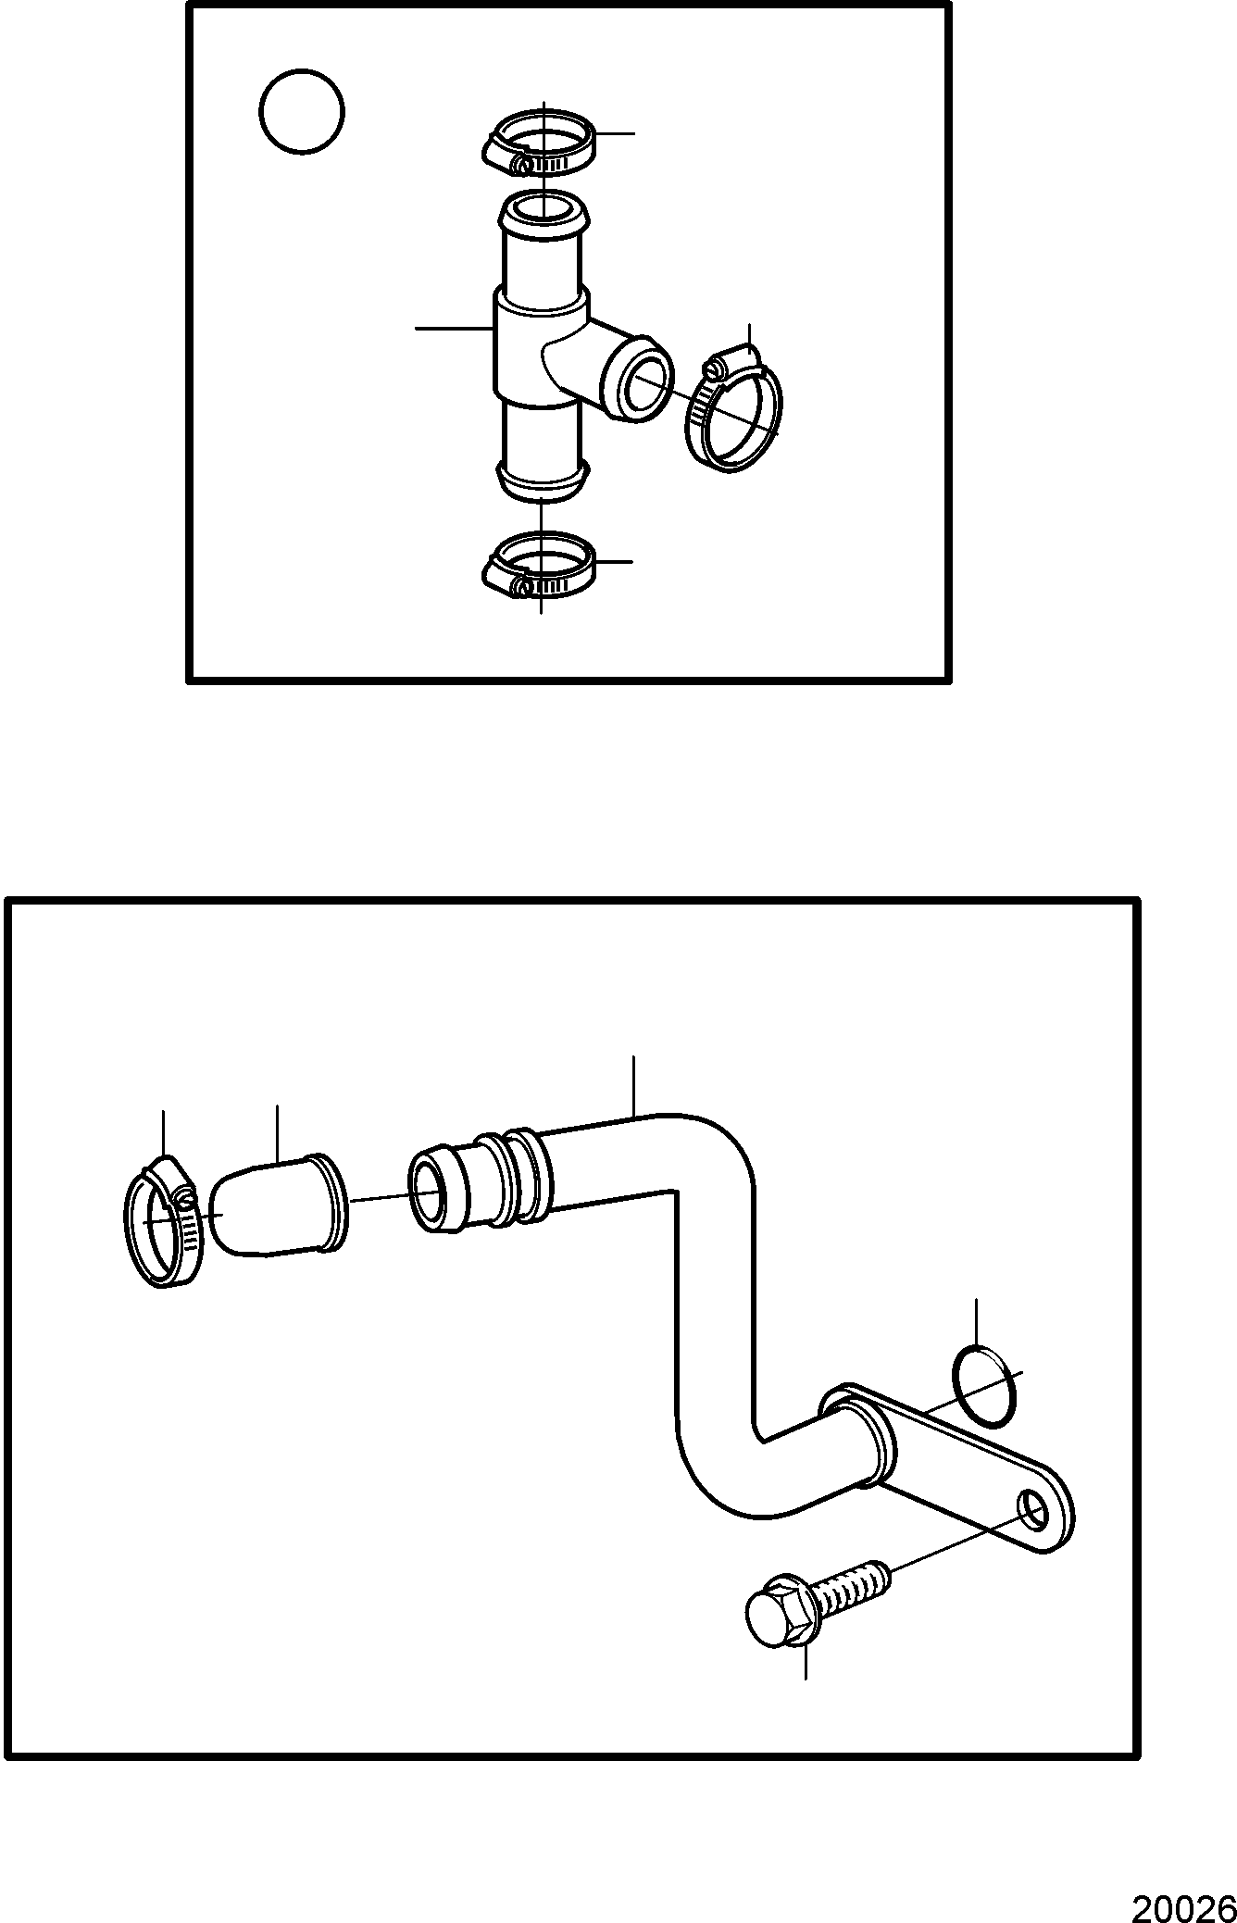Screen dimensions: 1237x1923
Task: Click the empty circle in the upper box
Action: point(302,112)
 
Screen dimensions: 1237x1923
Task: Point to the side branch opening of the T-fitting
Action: point(636,383)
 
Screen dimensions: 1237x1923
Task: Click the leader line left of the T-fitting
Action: point(454,328)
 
